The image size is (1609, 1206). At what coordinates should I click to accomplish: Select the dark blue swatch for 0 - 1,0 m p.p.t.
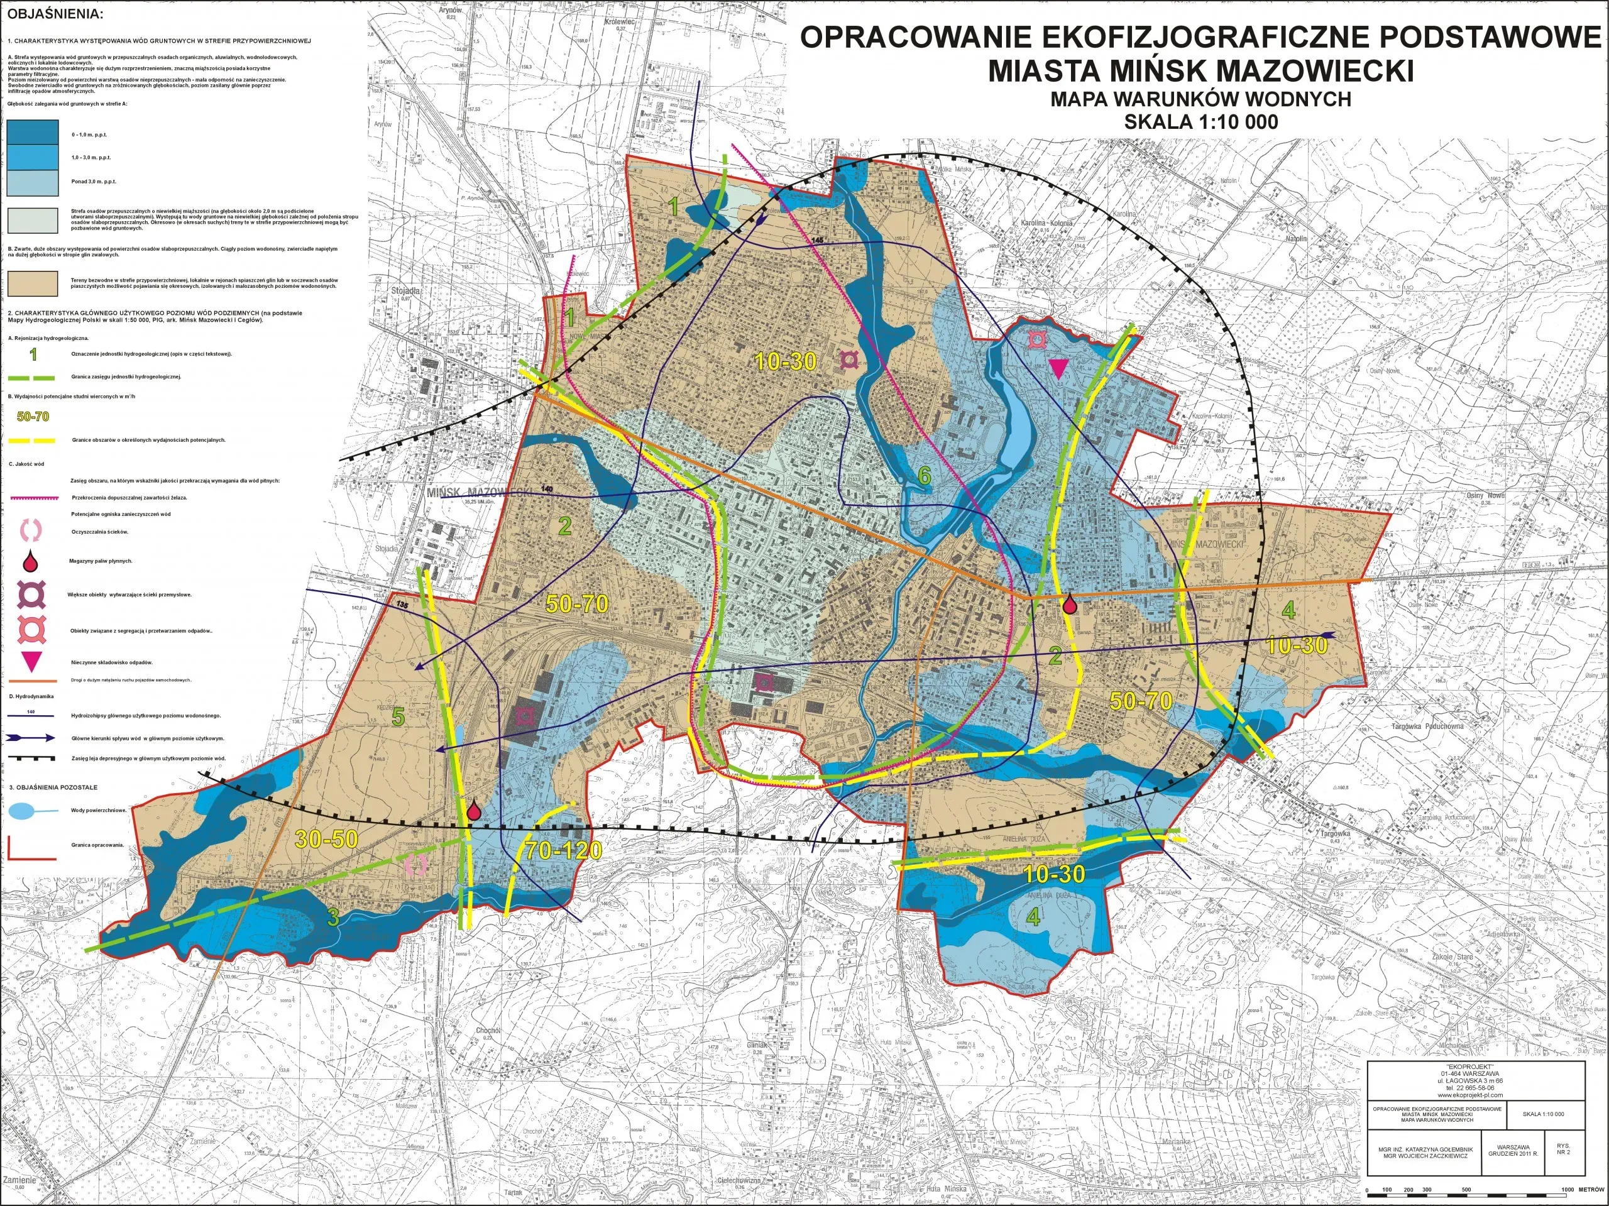33,135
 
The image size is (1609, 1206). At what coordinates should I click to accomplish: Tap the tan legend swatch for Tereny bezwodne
33,283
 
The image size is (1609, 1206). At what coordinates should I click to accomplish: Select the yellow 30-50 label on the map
327,840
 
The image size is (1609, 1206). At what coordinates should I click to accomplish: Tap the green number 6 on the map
924,476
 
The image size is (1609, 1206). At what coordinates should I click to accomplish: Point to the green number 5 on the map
398,717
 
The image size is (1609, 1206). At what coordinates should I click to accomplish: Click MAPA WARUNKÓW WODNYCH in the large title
1200,99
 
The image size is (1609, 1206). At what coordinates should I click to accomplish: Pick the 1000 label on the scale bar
1562,1191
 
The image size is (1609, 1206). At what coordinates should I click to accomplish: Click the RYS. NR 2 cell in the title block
1562,1149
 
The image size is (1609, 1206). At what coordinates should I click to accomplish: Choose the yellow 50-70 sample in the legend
33,417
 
